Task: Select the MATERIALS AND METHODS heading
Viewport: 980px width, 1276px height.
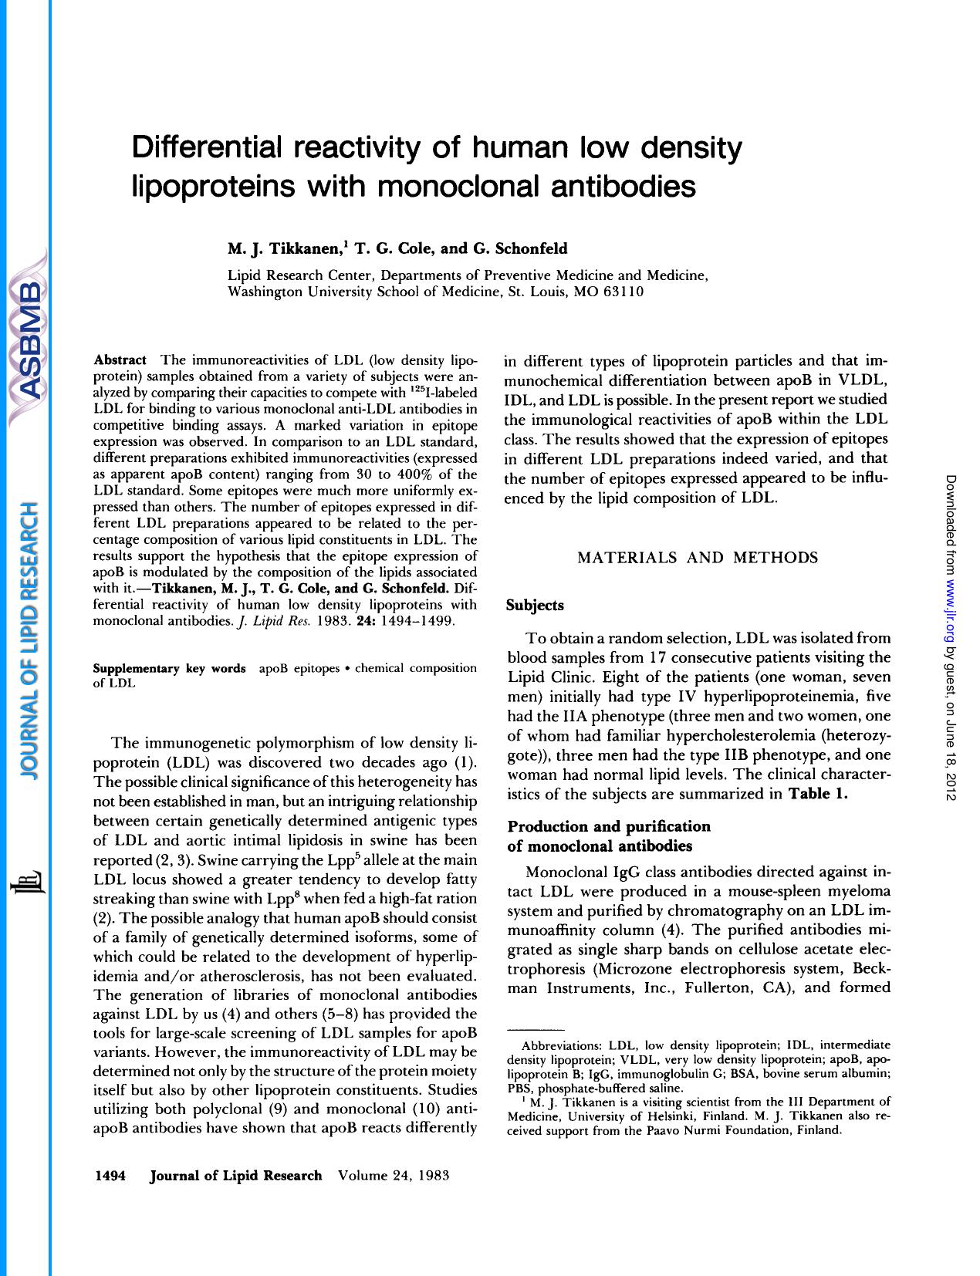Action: [698, 558]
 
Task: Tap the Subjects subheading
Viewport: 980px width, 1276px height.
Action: [535, 606]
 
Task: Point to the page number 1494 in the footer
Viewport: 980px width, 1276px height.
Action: [110, 1176]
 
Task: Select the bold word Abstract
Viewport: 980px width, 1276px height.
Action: [120, 360]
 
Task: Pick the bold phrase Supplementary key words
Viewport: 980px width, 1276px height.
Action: [169, 668]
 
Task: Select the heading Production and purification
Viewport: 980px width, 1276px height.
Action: [609, 826]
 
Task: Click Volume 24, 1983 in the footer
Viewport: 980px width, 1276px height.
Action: [394, 1176]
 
